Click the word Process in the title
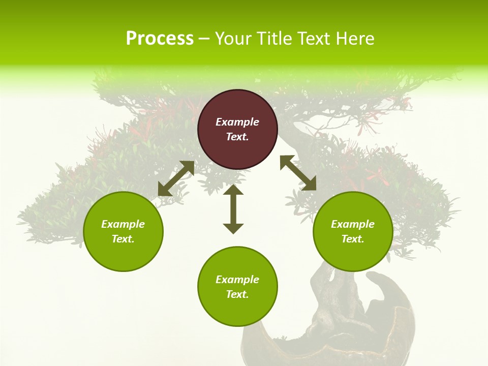[x=160, y=39]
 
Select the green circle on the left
[x=123, y=231]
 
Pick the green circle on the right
[x=353, y=231]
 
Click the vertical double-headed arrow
[x=233, y=209]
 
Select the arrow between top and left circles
[x=176, y=178]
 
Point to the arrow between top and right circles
[x=298, y=173]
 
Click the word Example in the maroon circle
[x=237, y=122]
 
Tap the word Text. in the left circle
[x=123, y=239]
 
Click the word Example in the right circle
[x=353, y=224]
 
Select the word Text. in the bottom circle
[x=237, y=294]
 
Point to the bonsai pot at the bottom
[x=325, y=335]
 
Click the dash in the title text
[x=204, y=39]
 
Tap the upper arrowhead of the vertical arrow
[x=233, y=190]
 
